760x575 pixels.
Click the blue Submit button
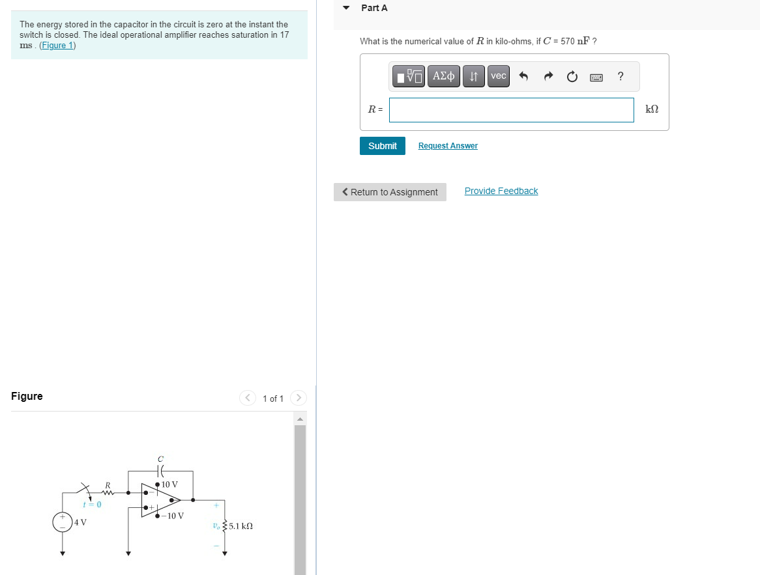click(382, 146)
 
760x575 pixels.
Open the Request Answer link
click(448, 146)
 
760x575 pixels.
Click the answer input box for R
click(511, 110)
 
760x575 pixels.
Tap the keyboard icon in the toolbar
click(596, 77)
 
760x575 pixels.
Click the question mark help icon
click(621, 76)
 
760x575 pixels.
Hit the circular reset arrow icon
click(572, 77)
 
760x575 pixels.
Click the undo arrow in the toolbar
click(523, 77)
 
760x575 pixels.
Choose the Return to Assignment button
click(390, 192)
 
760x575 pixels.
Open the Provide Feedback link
click(501, 191)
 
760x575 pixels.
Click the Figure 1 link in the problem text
click(57, 46)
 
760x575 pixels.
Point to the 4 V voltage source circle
click(63, 522)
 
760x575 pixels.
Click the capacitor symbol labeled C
click(160, 470)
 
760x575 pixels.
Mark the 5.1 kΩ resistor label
click(241, 526)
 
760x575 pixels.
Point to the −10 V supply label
click(173, 516)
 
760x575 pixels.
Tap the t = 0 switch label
click(93, 505)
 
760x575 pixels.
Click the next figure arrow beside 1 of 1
click(298, 398)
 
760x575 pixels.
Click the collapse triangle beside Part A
click(346, 8)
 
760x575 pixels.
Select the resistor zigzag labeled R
click(108, 492)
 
